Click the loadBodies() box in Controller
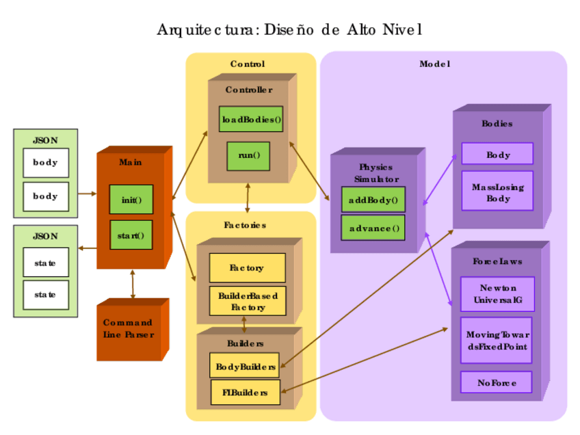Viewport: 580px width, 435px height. click(x=251, y=119)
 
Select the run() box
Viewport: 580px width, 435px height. click(x=248, y=155)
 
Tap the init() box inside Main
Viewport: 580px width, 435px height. click(x=131, y=200)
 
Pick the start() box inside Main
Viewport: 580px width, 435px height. click(x=131, y=235)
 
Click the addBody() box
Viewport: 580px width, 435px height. click(x=373, y=200)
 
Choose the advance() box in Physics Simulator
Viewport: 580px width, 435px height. click(x=373, y=228)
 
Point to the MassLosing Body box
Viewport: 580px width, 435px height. click(x=497, y=191)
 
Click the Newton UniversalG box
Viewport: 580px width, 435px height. click(x=497, y=294)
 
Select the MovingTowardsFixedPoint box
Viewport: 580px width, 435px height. click(x=497, y=340)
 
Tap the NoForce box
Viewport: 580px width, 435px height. click(x=497, y=382)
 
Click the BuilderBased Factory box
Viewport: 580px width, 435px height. click(x=248, y=302)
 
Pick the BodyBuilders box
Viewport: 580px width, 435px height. click(x=245, y=366)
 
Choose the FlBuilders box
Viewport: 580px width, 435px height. click(x=245, y=393)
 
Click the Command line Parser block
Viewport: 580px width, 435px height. click(x=129, y=329)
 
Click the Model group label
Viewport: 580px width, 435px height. click(x=434, y=64)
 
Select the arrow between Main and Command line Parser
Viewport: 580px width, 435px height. click(x=132, y=284)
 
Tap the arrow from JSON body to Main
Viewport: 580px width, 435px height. click(x=87, y=194)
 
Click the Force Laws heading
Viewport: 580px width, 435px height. click(x=497, y=261)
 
